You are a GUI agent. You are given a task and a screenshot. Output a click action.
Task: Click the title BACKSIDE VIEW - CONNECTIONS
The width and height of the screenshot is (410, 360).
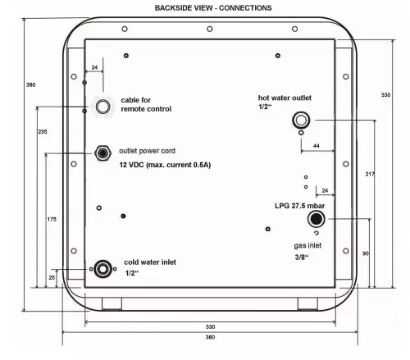click(x=213, y=8)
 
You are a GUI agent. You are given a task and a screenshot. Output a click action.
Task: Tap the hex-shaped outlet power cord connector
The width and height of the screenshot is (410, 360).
click(x=102, y=153)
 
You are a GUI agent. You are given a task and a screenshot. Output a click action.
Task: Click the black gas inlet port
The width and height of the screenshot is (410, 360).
click(x=317, y=219)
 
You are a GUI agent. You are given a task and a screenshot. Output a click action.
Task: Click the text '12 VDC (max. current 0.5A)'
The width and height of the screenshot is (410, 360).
click(x=165, y=165)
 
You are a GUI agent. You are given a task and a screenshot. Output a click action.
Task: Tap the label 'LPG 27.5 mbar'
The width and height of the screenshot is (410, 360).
click(x=300, y=206)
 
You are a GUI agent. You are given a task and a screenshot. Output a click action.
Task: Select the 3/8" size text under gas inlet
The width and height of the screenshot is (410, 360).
click(x=302, y=257)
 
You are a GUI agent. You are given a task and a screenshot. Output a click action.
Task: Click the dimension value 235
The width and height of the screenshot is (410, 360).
click(x=43, y=132)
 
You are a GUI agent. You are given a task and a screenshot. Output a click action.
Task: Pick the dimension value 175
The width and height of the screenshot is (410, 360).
click(x=52, y=219)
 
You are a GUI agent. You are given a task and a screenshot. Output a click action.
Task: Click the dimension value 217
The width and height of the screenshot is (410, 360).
click(x=370, y=174)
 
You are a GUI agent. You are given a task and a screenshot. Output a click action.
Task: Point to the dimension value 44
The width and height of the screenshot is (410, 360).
click(x=317, y=146)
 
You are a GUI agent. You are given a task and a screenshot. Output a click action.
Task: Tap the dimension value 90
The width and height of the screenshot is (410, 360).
click(x=366, y=253)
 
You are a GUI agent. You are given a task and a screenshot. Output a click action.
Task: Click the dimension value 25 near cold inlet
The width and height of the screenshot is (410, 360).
click(x=52, y=277)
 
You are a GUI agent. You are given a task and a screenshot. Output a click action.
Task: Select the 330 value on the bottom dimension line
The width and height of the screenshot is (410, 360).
click(x=210, y=326)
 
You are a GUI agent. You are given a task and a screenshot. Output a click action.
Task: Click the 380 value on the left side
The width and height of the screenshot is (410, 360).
click(x=30, y=85)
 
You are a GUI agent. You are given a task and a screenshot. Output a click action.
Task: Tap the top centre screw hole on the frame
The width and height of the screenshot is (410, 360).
click(x=210, y=29)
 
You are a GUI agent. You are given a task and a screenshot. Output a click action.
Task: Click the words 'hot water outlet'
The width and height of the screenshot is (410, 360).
click(x=285, y=98)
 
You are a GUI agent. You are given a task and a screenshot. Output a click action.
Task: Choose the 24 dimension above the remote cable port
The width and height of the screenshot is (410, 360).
click(x=94, y=67)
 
